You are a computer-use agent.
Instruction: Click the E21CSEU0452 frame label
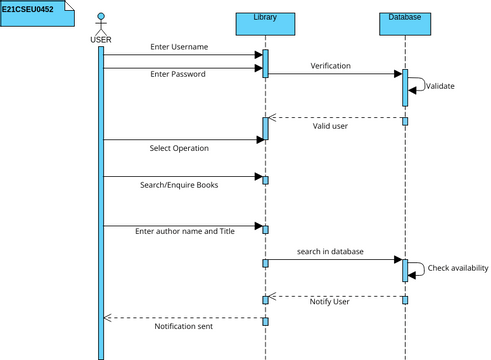tap(28, 8)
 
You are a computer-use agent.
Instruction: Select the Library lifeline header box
tap(265, 19)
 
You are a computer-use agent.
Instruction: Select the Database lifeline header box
tap(405, 19)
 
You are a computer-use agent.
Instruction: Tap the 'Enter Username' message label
tap(179, 47)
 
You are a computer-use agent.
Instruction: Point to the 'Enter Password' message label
tap(178, 74)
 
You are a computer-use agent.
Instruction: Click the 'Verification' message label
tap(330, 65)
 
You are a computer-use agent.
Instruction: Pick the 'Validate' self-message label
tap(440, 86)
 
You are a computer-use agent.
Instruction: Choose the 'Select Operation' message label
tap(179, 148)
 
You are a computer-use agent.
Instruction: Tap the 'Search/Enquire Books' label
tap(179, 185)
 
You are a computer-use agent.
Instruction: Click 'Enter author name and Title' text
tap(185, 231)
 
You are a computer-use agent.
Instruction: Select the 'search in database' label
tap(330, 251)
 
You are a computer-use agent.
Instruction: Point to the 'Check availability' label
tap(457, 268)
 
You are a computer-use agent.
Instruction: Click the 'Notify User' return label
tap(331, 302)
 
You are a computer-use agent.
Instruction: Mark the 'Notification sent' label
tap(183, 326)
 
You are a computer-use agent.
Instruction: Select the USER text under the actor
tap(101, 40)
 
